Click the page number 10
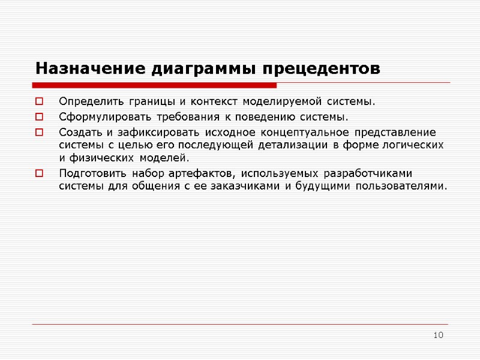(x=438, y=334)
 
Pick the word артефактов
(x=202, y=173)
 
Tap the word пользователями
(x=401, y=186)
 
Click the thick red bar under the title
(x=156, y=84)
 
